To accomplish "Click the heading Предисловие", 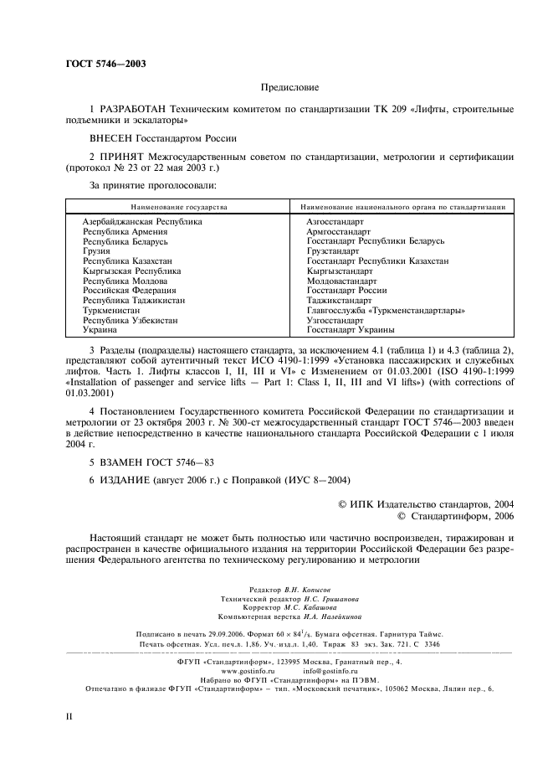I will coord(289,87).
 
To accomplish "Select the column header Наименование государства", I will coord(178,206).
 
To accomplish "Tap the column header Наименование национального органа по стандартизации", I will coord(402,206).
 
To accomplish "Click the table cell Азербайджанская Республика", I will coord(142,222).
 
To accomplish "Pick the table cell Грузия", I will coord(96,250).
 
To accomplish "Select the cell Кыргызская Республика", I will coord(131,271).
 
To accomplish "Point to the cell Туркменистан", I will coord(113,310).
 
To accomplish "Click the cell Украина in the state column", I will coord(100,329).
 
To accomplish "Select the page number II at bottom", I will coord(69,718).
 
